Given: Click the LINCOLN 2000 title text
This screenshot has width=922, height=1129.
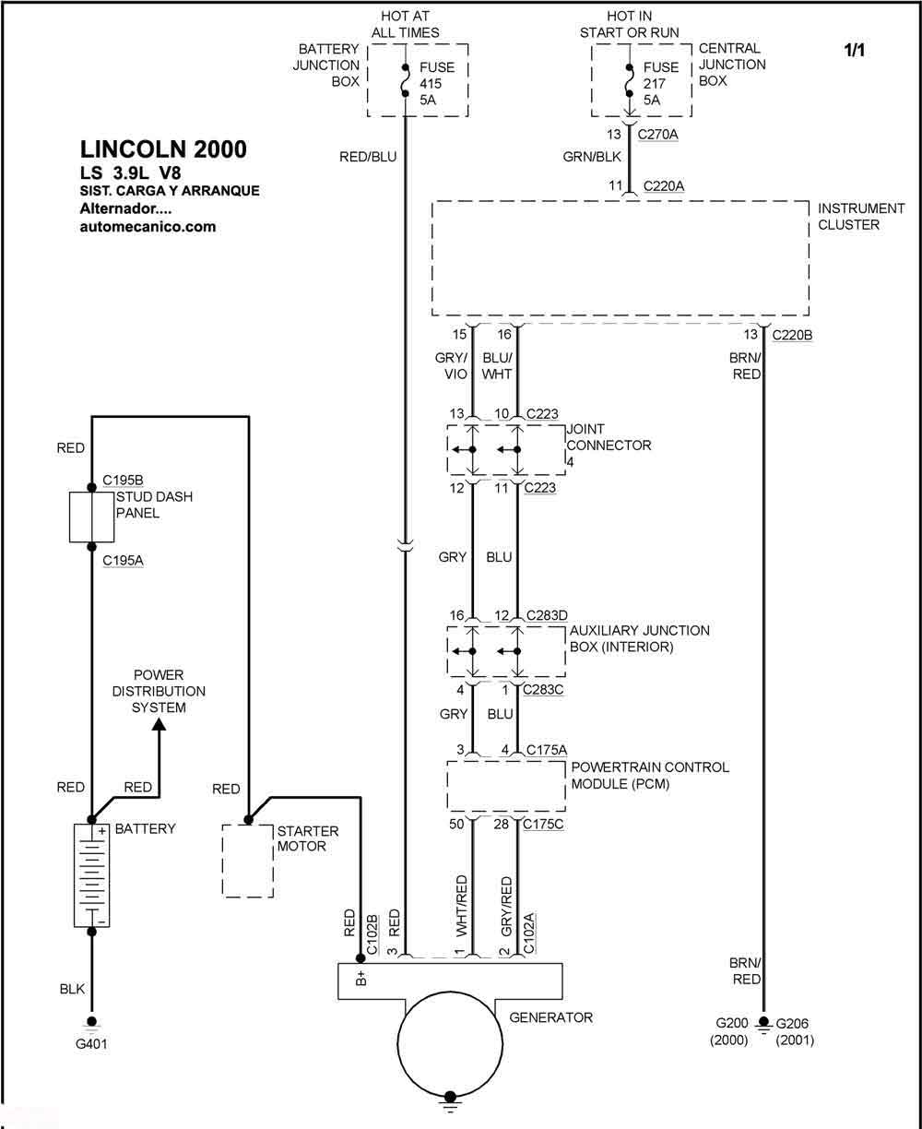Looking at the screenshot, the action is (x=163, y=149).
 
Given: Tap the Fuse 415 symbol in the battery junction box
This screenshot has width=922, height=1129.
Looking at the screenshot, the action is (x=405, y=80).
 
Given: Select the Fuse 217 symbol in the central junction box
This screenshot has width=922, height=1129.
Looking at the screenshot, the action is (x=630, y=80).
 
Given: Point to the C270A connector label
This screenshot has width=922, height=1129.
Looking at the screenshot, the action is (x=657, y=134).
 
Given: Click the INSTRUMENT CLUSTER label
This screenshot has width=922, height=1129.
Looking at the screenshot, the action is (x=861, y=216).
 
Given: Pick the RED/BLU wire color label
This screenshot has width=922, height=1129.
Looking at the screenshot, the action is (x=368, y=157).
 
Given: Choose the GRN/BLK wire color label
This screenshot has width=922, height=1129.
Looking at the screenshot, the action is (x=592, y=157).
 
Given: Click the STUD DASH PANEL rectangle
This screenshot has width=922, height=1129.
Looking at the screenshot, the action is (x=91, y=517).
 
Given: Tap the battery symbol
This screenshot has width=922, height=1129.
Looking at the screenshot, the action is (x=91, y=875).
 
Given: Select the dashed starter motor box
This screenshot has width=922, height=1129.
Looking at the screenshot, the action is (x=248, y=861).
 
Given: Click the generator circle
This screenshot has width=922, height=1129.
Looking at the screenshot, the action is (x=450, y=1043).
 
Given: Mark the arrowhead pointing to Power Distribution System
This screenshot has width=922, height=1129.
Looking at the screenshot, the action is (x=159, y=724).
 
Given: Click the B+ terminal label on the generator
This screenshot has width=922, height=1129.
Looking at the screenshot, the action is (x=361, y=978).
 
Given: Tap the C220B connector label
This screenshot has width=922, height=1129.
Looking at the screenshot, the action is (x=792, y=335).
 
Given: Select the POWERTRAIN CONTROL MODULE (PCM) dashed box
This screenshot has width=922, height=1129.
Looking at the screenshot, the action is (x=506, y=786).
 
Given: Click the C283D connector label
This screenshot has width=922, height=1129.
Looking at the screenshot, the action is (x=547, y=615).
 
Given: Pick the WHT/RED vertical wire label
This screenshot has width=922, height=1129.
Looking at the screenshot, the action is (x=461, y=906).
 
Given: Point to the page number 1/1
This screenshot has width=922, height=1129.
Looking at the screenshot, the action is (x=854, y=51).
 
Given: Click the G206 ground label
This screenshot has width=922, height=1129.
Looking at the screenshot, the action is (x=792, y=1024).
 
